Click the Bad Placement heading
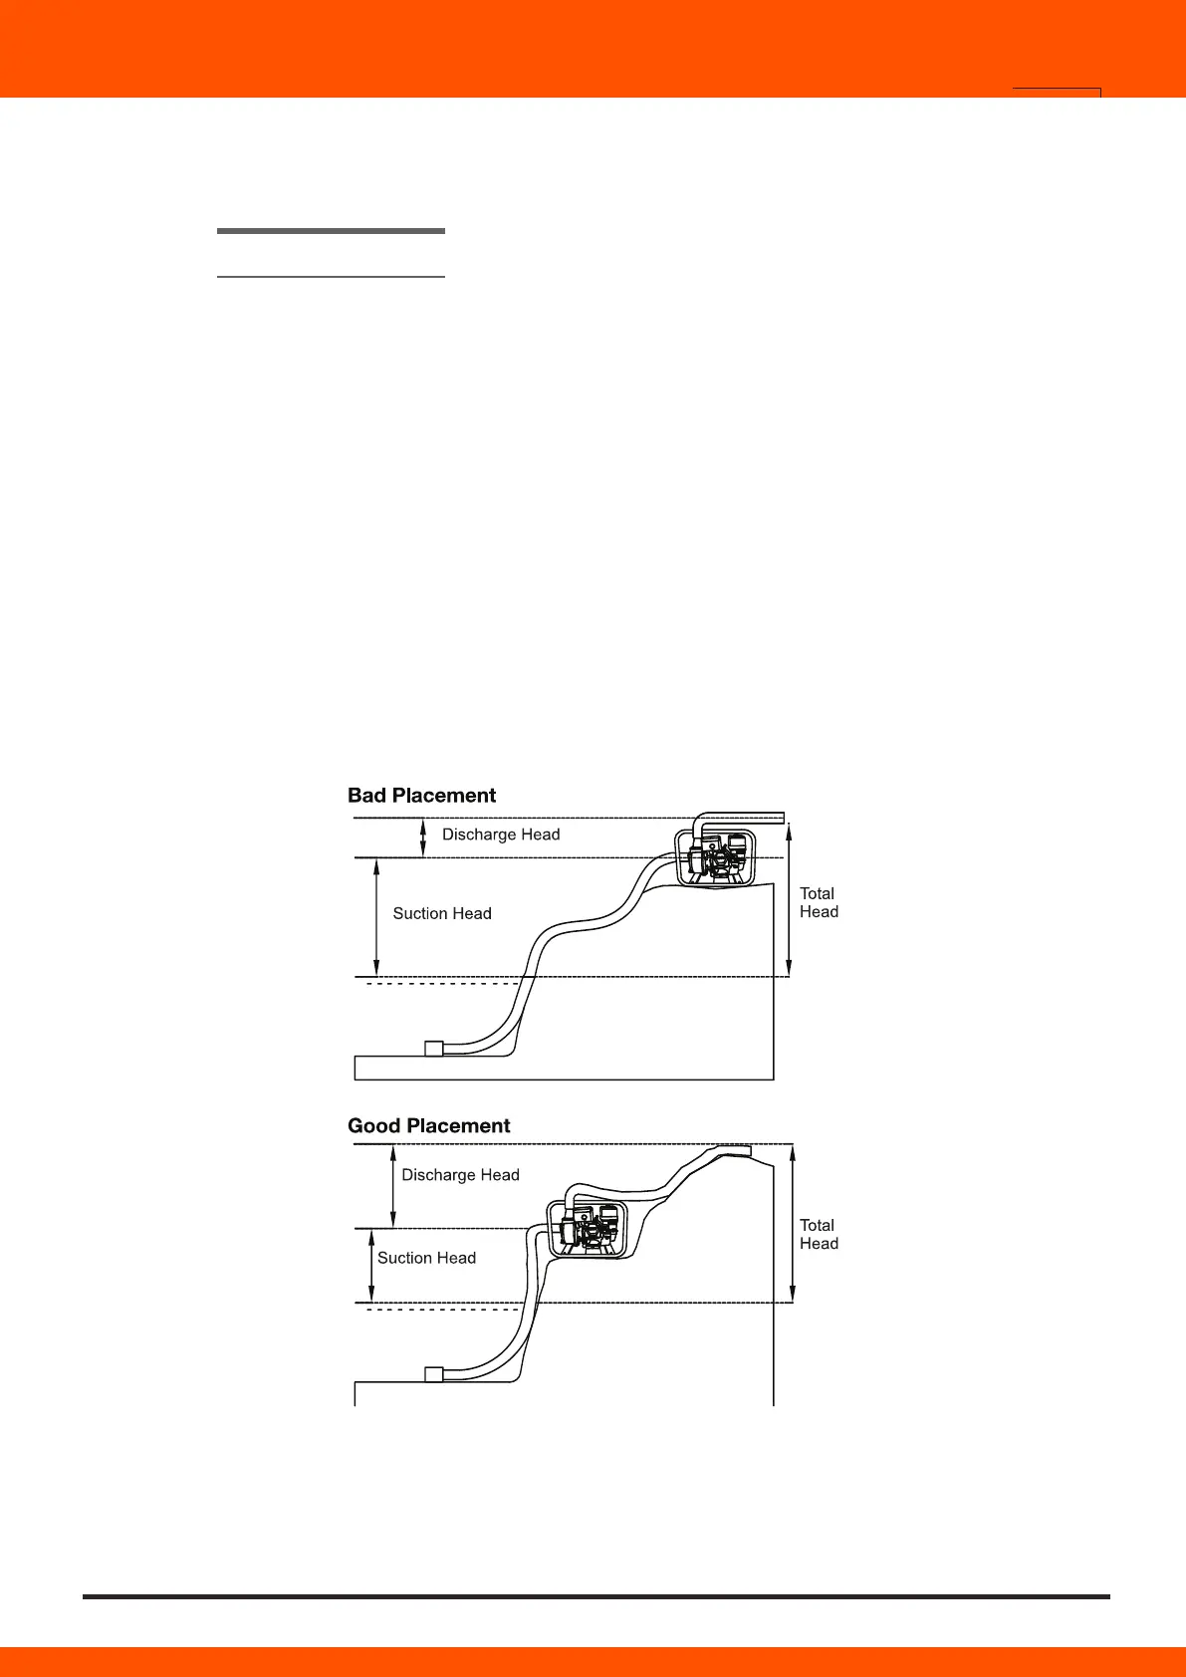(421, 796)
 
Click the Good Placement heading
(428, 1126)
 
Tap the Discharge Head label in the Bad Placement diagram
(501, 835)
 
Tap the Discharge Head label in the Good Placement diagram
(460, 1175)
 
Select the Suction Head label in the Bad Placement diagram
(442, 913)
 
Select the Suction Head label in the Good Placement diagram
(426, 1258)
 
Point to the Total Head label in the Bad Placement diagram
(819, 903)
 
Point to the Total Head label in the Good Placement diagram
(819, 1235)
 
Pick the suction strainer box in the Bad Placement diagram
(433, 1048)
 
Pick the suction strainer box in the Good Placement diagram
(433, 1374)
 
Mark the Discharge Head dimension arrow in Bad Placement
(423, 838)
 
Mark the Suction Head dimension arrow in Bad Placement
(375, 917)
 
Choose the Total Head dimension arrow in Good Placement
(793, 1224)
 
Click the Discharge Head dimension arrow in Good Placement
(393, 1186)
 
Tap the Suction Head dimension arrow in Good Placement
(371, 1266)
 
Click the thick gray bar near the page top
(331, 231)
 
